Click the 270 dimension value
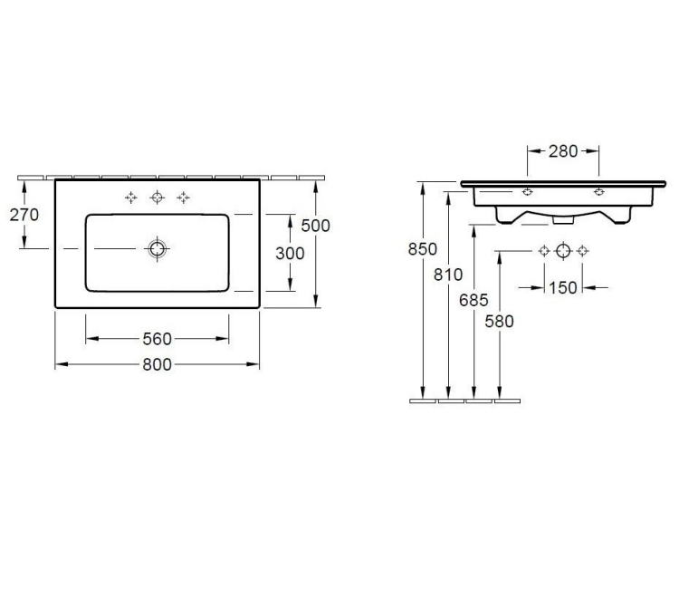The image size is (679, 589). point(24,215)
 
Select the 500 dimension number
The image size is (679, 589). point(316,226)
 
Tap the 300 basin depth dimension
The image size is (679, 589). point(290,253)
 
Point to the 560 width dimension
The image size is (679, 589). point(158,339)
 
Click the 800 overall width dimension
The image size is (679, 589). point(158,364)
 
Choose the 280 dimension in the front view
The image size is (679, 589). point(563,151)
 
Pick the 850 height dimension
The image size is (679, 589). point(423,249)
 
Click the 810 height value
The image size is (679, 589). point(448,275)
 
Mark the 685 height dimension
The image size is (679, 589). point(473,300)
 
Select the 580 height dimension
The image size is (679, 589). point(499,321)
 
